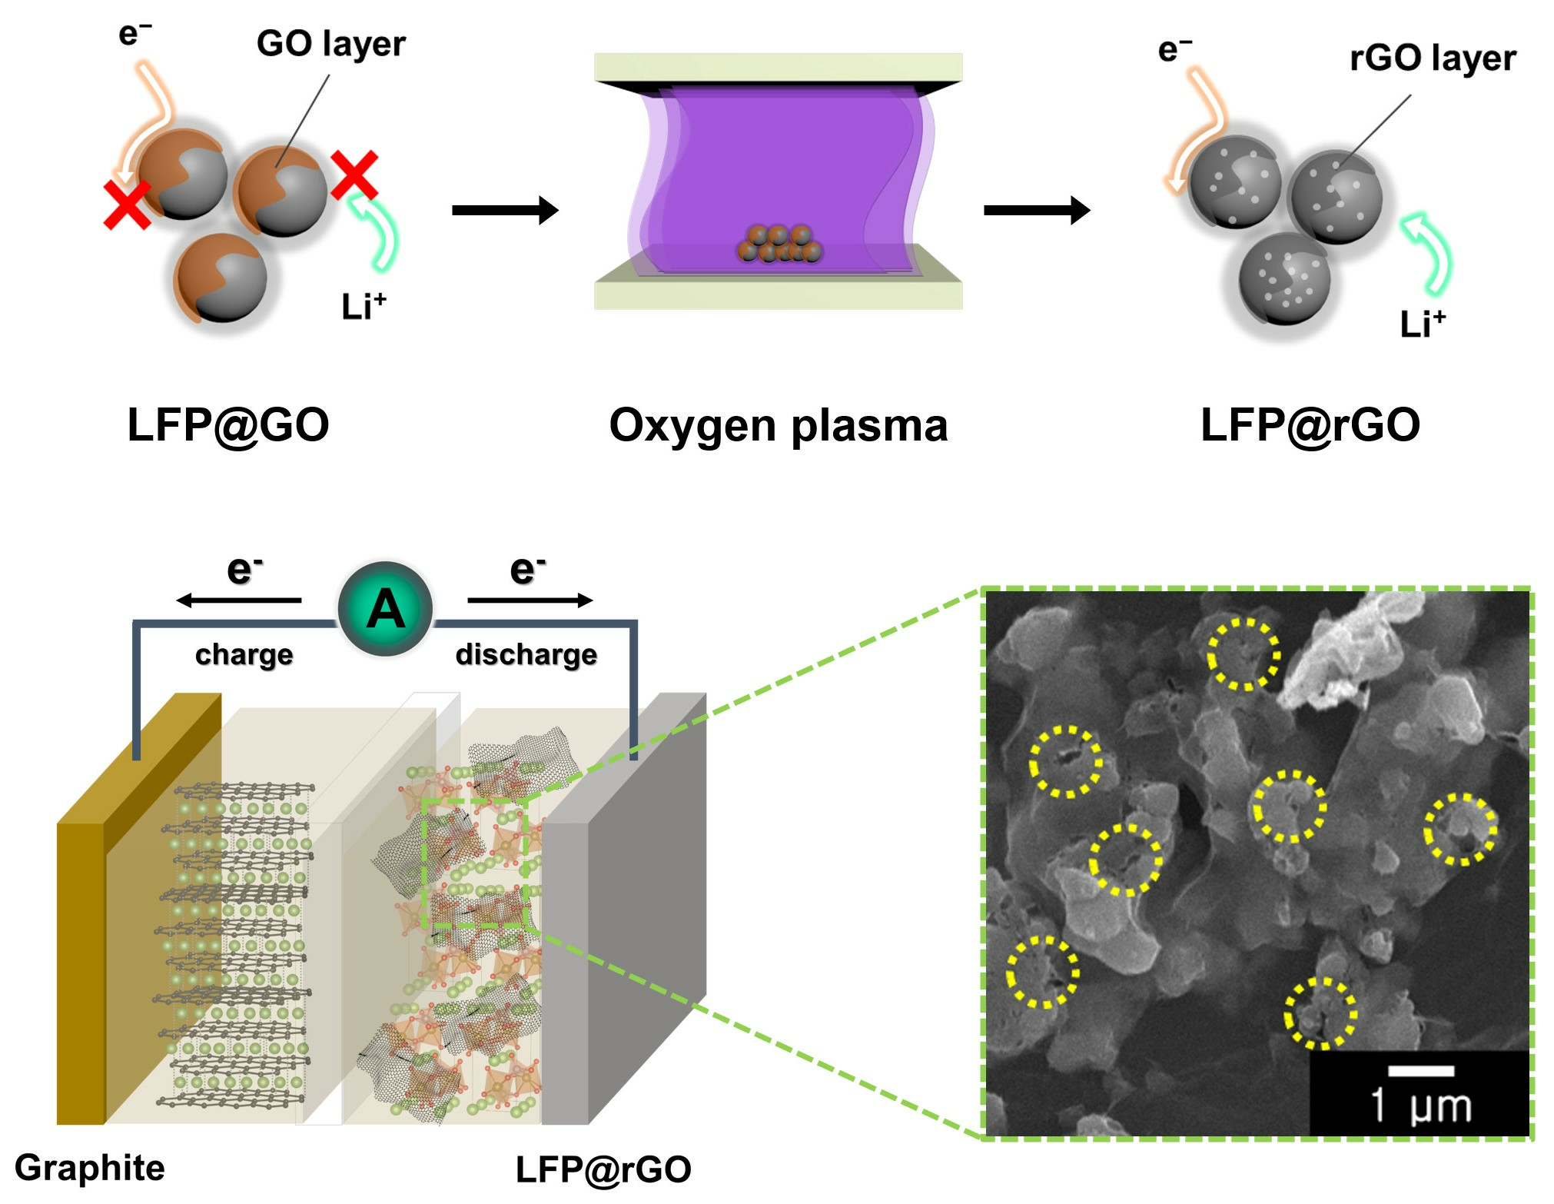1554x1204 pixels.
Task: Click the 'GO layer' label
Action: pos(330,45)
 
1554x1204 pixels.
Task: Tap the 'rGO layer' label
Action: pos(1433,58)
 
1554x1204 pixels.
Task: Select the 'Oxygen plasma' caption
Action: pos(778,425)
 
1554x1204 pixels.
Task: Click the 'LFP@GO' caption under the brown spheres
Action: pos(228,425)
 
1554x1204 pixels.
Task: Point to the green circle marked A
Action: pos(385,609)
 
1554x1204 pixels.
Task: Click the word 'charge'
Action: pos(244,654)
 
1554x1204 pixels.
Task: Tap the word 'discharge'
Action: pos(526,654)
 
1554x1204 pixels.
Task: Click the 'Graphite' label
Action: pos(90,1167)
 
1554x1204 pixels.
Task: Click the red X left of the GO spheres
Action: pos(127,205)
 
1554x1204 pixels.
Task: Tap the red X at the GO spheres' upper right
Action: pos(354,175)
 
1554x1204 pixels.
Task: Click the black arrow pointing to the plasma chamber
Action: pos(505,210)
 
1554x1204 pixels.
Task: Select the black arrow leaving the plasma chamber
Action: pos(1037,210)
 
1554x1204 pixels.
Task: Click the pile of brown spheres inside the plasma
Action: pos(779,244)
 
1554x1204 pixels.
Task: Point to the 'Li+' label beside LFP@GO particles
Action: pos(364,307)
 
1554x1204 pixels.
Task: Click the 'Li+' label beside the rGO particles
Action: pos(1423,324)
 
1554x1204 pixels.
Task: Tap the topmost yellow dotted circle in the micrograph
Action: pos(1244,654)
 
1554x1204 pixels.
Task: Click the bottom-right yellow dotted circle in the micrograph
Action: pos(1320,1013)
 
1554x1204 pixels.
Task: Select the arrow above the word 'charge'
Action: pos(238,600)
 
